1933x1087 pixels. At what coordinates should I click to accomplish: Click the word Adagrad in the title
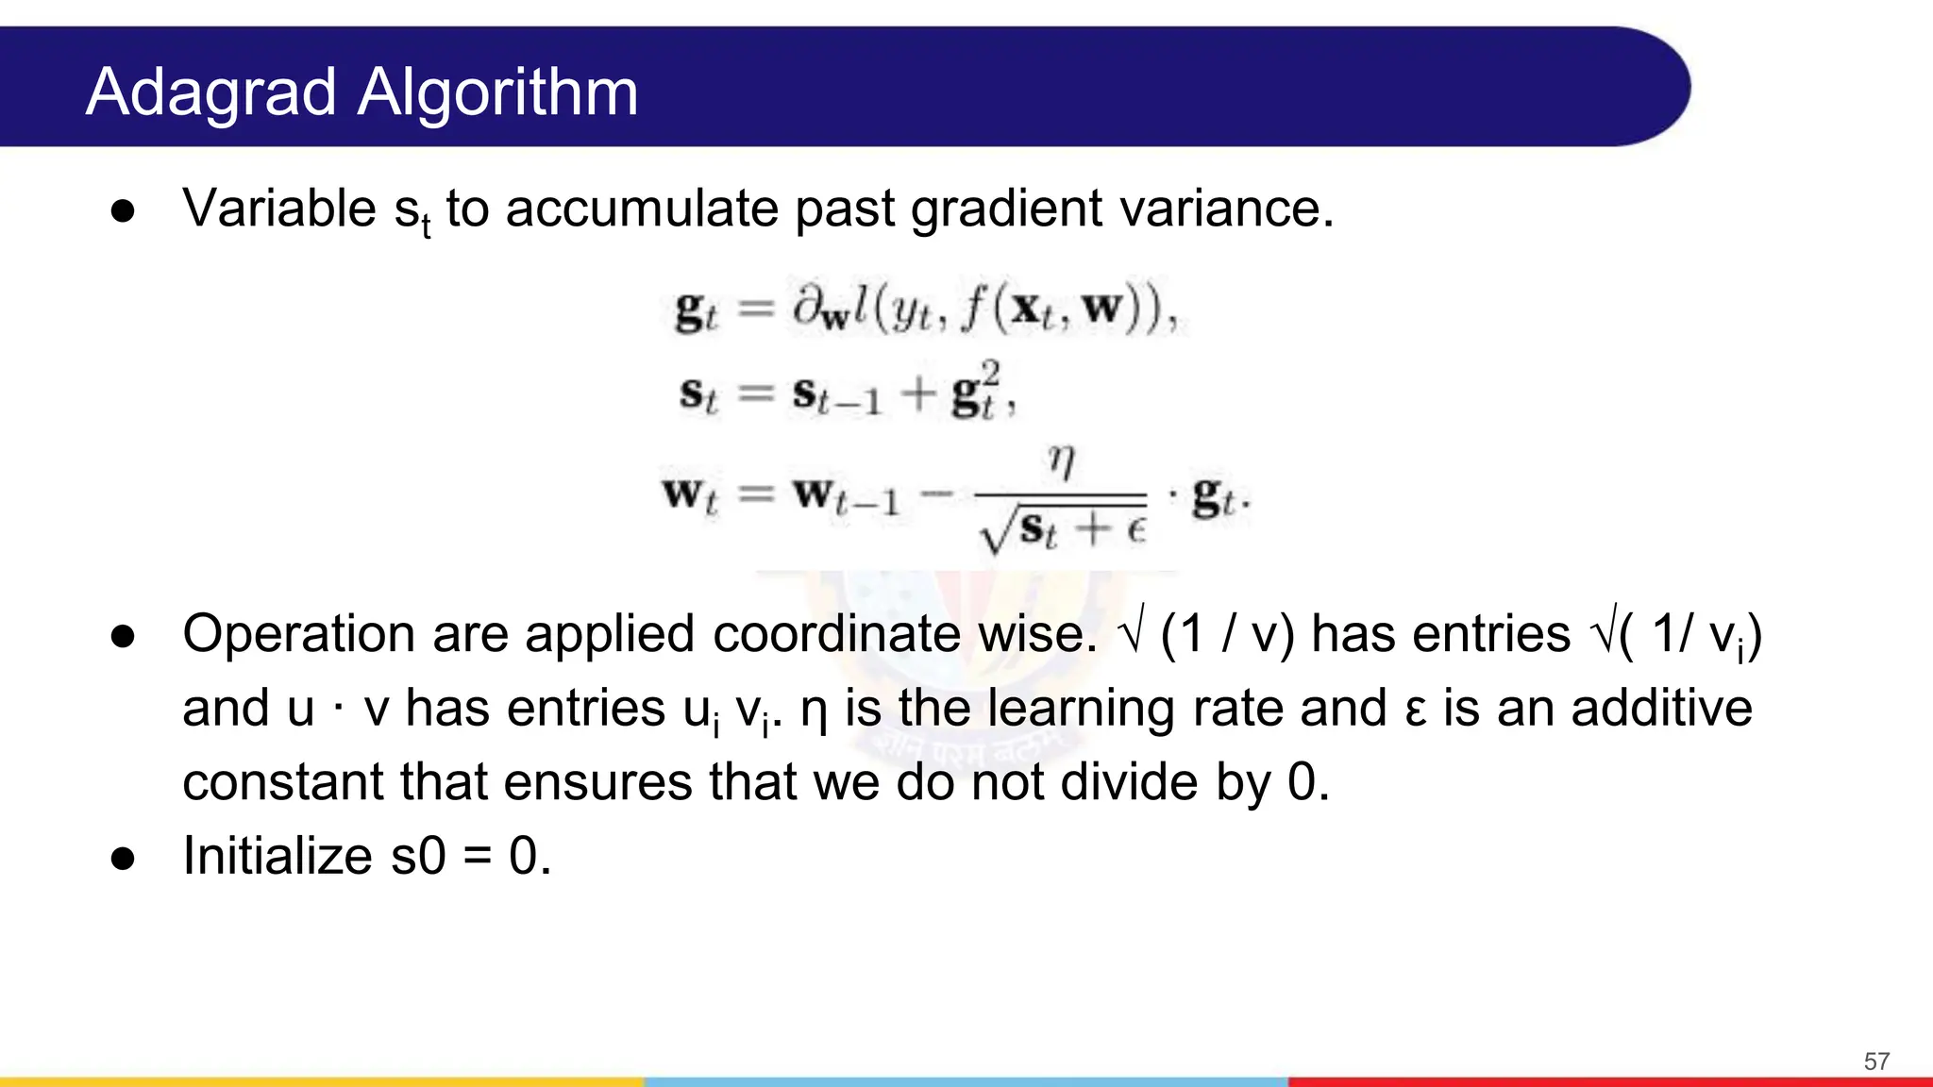[210, 94]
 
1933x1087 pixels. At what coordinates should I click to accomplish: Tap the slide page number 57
[1876, 1062]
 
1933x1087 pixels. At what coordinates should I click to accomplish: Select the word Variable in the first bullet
[279, 209]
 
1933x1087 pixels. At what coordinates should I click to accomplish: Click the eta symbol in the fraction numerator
[1061, 461]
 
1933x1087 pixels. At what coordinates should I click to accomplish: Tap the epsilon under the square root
[1135, 529]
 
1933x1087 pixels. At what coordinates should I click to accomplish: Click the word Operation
[299, 634]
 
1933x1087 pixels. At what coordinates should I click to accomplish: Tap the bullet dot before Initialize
[123, 859]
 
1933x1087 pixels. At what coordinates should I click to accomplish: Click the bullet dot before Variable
[123, 211]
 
